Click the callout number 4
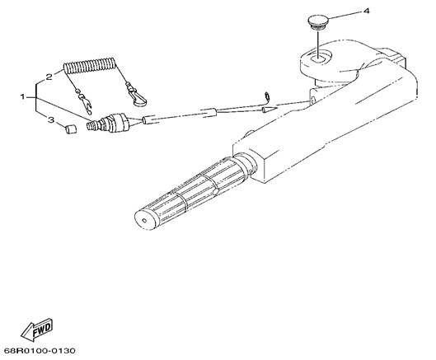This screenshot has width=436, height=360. [367, 11]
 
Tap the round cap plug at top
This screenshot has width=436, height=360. [318, 22]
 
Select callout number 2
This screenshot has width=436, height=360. [49, 77]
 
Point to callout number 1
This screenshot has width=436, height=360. [23, 96]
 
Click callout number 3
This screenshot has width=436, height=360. [51, 119]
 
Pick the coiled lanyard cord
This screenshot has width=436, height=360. [90, 66]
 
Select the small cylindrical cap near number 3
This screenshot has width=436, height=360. [71, 130]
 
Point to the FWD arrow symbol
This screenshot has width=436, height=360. [37, 329]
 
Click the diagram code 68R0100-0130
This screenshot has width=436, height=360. [40, 350]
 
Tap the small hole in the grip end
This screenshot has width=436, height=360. [144, 221]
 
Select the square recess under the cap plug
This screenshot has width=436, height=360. [318, 58]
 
